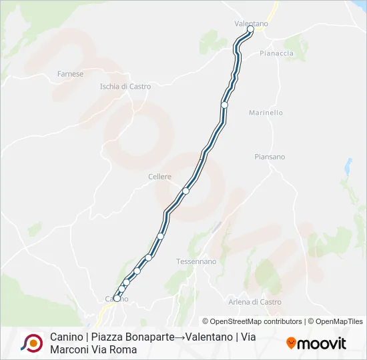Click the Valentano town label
tap(251, 23)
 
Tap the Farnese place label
tap(70, 74)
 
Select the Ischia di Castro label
tap(125, 86)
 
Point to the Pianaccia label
tap(276, 53)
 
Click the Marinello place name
tap(266, 113)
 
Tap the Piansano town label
tap(270, 157)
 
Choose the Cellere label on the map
tap(159, 177)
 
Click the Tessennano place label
tap(196, 261)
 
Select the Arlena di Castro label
tap(254, 302)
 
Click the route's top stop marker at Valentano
tap(251, 29)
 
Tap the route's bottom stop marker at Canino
tap(117, 299)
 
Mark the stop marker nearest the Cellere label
tap(186, 191)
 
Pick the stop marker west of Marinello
tap(225, 105)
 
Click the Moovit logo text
tap(322, 343)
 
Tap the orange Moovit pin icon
tap(291, 343)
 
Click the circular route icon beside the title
tap(31, 343)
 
